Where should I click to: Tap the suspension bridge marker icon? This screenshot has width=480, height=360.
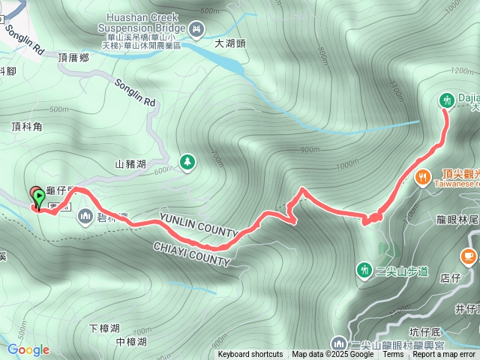tap(196, 29)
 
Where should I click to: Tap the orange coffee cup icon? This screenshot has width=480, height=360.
tap(469, 257)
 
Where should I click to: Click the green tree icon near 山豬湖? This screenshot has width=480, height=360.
tap(186, 161)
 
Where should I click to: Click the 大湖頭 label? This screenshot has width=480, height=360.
tap(230, 43)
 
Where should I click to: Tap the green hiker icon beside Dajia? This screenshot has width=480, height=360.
tap(447, 100)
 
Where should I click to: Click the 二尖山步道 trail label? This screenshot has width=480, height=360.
tap(400, 271)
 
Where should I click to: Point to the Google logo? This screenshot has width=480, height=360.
tap(28, 349)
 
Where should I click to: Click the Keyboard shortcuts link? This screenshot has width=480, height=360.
tap(250, 355)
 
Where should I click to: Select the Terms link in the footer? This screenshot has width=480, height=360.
tap(393, 355)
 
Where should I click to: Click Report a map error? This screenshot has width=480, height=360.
tap(444, 355)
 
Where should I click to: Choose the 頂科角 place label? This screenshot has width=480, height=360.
tap(27, 127)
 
